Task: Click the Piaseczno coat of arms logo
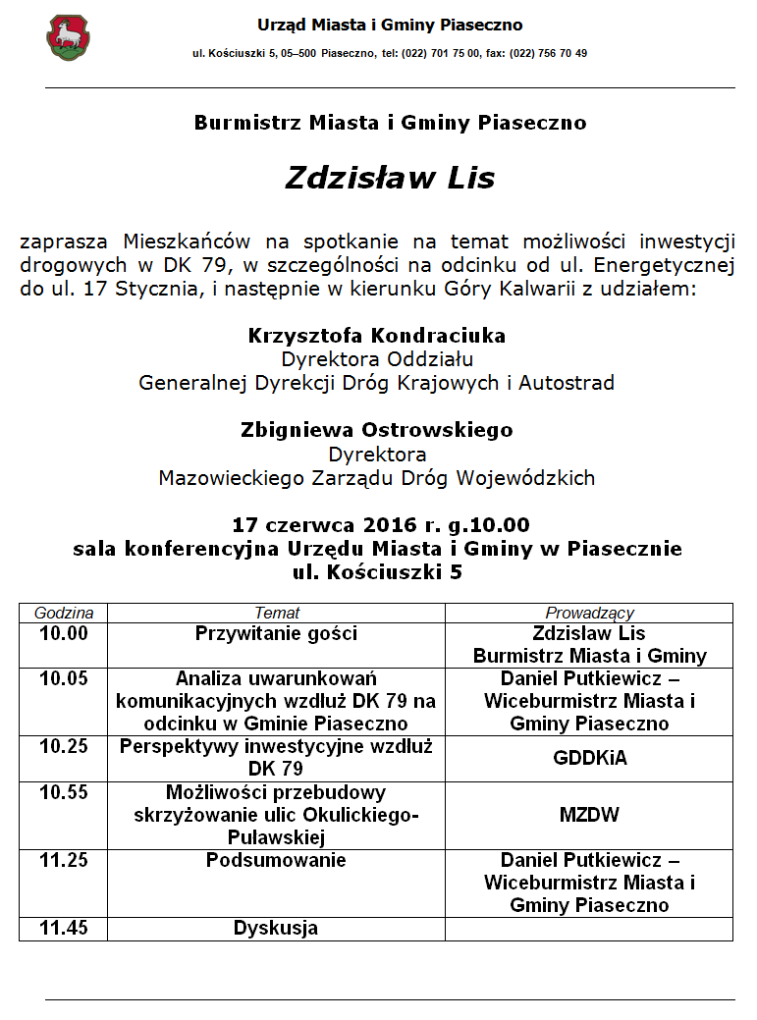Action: [x=68, y=38]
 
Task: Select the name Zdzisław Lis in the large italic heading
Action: [x=390, y=178]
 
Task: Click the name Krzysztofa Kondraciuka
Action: [x=377, y=336]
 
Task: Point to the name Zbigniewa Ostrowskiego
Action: [x=377, y=430]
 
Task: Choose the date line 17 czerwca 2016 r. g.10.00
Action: [x=380, y=524]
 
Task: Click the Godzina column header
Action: [x=64, y=613]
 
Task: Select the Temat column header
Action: [x=277, y=613]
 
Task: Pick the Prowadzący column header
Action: [x=589, y=613]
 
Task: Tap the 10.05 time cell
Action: [x=64, y=678]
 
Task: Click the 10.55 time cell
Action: [x=64, y=792]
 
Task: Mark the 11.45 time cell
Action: [x=64, y=928]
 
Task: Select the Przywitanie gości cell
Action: [x=277, y=634]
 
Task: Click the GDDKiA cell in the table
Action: [x=589, y=758]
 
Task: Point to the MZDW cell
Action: [x=589, y=815]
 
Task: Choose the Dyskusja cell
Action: [x=276, y=928]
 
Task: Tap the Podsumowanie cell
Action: [x=276, y=861]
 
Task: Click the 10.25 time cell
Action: [x=64, y=747]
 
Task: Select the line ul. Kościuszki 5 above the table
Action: [x=378, y=571]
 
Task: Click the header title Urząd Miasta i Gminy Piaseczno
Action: [x=390, y=25]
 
